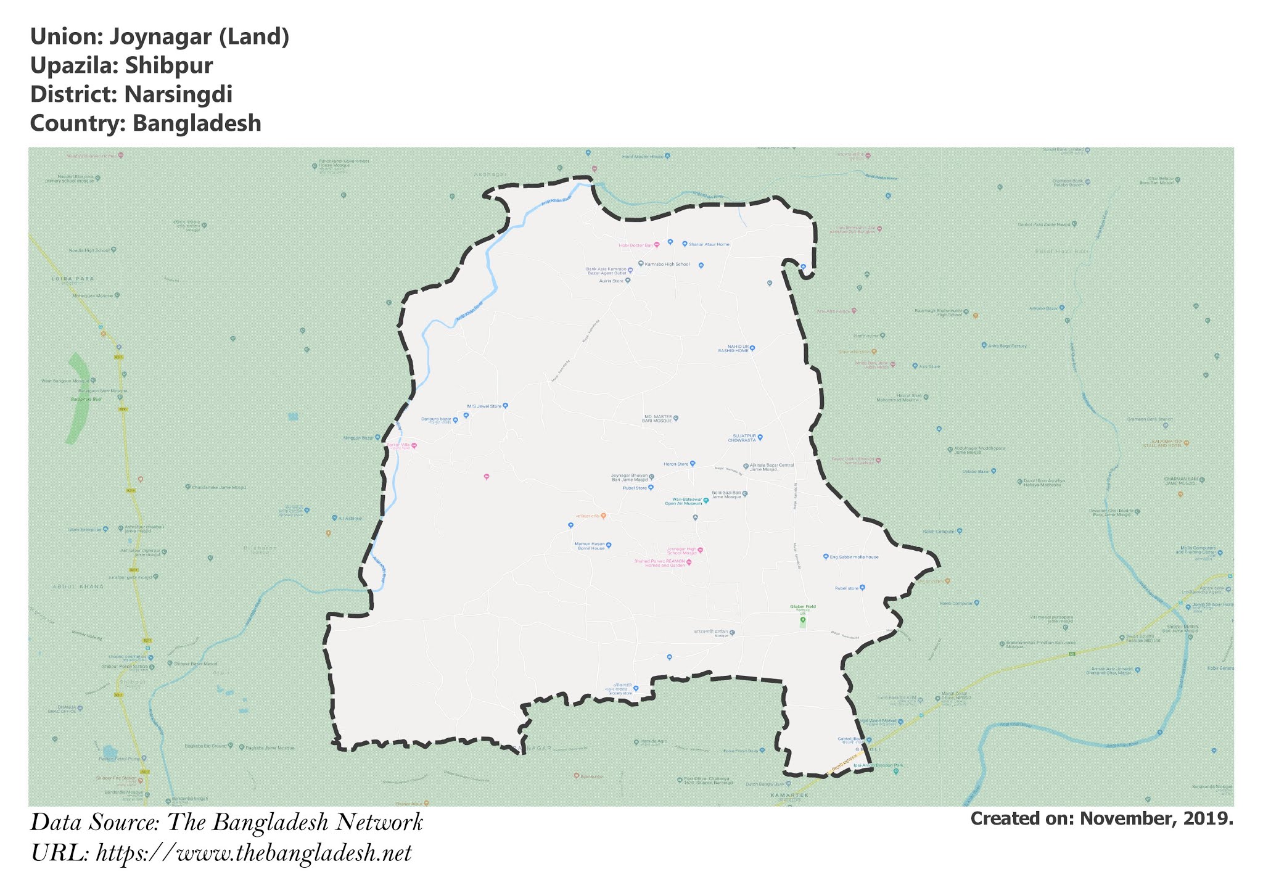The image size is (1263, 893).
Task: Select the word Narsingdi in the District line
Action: pyautogui.click(x=178, y=95)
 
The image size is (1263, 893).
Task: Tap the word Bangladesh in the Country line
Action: pyautogui.click(x=197, y=123)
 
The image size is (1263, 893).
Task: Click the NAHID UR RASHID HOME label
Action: pyautogui.click(x=733, y=348)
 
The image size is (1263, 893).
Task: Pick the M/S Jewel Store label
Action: pyautogui.click(x=484, y=406)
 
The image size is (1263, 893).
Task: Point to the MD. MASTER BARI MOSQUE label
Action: pyautogui.click(x=657, y=419)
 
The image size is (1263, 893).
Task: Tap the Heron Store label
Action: pyautogui.click(x=675, y=464)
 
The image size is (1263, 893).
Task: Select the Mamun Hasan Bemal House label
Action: pyautogui.click(x=590, y=546)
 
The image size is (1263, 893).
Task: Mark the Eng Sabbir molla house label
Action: pyautogui.click(x=854, y=557)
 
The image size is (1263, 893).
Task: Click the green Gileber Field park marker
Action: pyautogui.click(x=802, y=620)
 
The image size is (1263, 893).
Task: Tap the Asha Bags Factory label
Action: pyautogui.click(x=1007, y=346)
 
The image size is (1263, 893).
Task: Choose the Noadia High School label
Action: pyautogui.click(x=89, y=250)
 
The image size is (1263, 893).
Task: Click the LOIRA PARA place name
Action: pyautogui.click(x=73, y=279)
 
